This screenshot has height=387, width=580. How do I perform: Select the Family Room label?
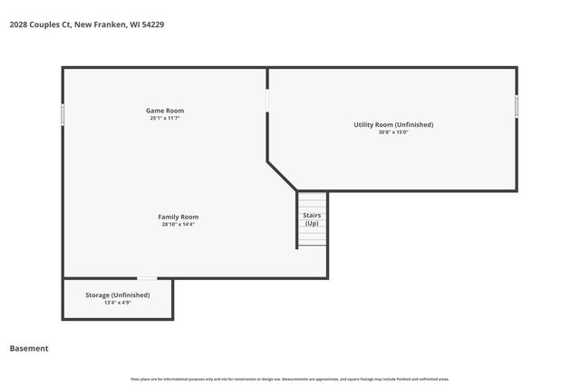[x=178, y=217]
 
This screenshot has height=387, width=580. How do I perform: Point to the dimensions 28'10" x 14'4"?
[x=178, y=225]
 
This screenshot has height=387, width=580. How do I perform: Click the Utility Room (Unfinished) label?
[x=393, y=124]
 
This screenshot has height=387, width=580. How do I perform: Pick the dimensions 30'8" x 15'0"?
[x=393, y=132]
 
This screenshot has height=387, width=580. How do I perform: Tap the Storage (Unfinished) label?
[x=118, y=295]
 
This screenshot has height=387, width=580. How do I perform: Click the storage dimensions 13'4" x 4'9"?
[x=118, y=303]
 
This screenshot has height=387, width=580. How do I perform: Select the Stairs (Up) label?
[x=312, y=218]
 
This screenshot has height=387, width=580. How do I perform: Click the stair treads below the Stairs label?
[x=312, y=237]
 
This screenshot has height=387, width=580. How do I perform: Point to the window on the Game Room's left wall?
[x=63, y=115]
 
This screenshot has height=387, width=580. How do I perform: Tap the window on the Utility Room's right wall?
[x=517, y=106]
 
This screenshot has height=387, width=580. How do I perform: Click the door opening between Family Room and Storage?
[x=146, y=278]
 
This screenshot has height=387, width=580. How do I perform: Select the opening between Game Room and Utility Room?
[x=267, y=100]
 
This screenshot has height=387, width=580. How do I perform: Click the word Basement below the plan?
[x=29, y=348]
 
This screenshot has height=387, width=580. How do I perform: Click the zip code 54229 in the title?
[x=152, y=24]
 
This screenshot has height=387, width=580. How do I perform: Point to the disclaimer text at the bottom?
[x=289, y=379]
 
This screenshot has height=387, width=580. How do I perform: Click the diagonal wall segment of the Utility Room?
[x=282, y=177]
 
